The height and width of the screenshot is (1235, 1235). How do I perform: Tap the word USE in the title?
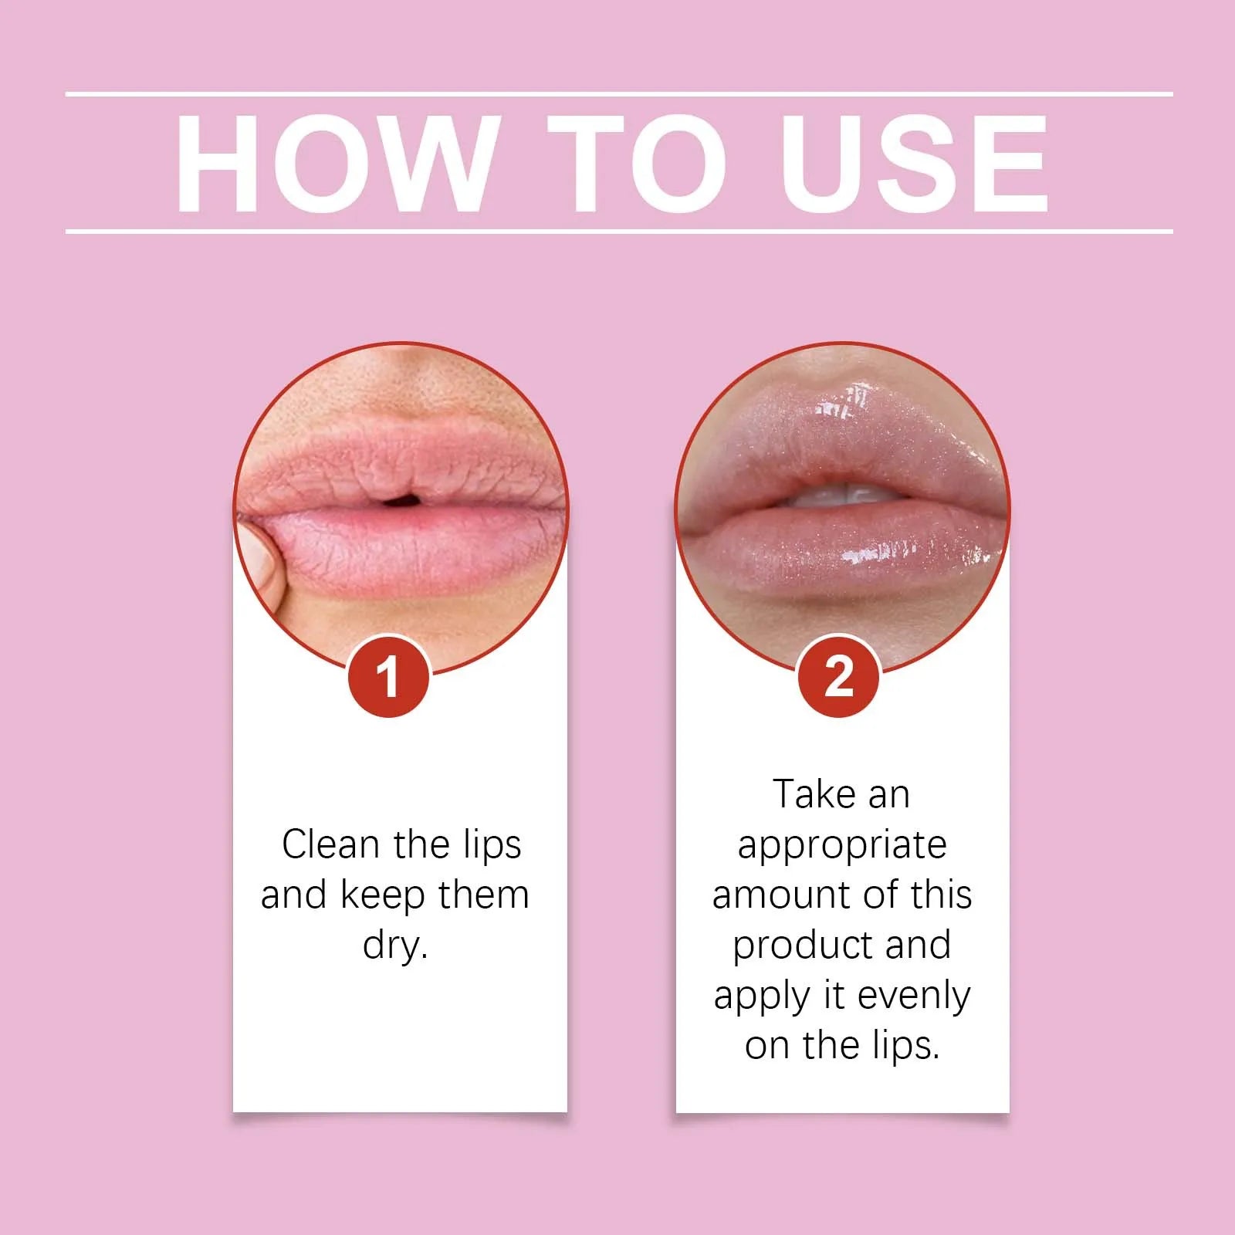pyautogui.click(x=915, y=164)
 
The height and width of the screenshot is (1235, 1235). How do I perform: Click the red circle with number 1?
pyautogui.click(x=388, y=677)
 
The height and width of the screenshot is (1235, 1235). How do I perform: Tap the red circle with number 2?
pyautogui.click(x=838, y=677)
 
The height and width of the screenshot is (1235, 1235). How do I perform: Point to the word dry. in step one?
pyautogui.click(x=395, y=946)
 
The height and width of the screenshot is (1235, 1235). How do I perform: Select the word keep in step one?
pyautogui.click(x=383, y=896)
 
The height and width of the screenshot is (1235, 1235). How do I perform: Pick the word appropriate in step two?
pyautogui.click(x=842, y=846)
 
